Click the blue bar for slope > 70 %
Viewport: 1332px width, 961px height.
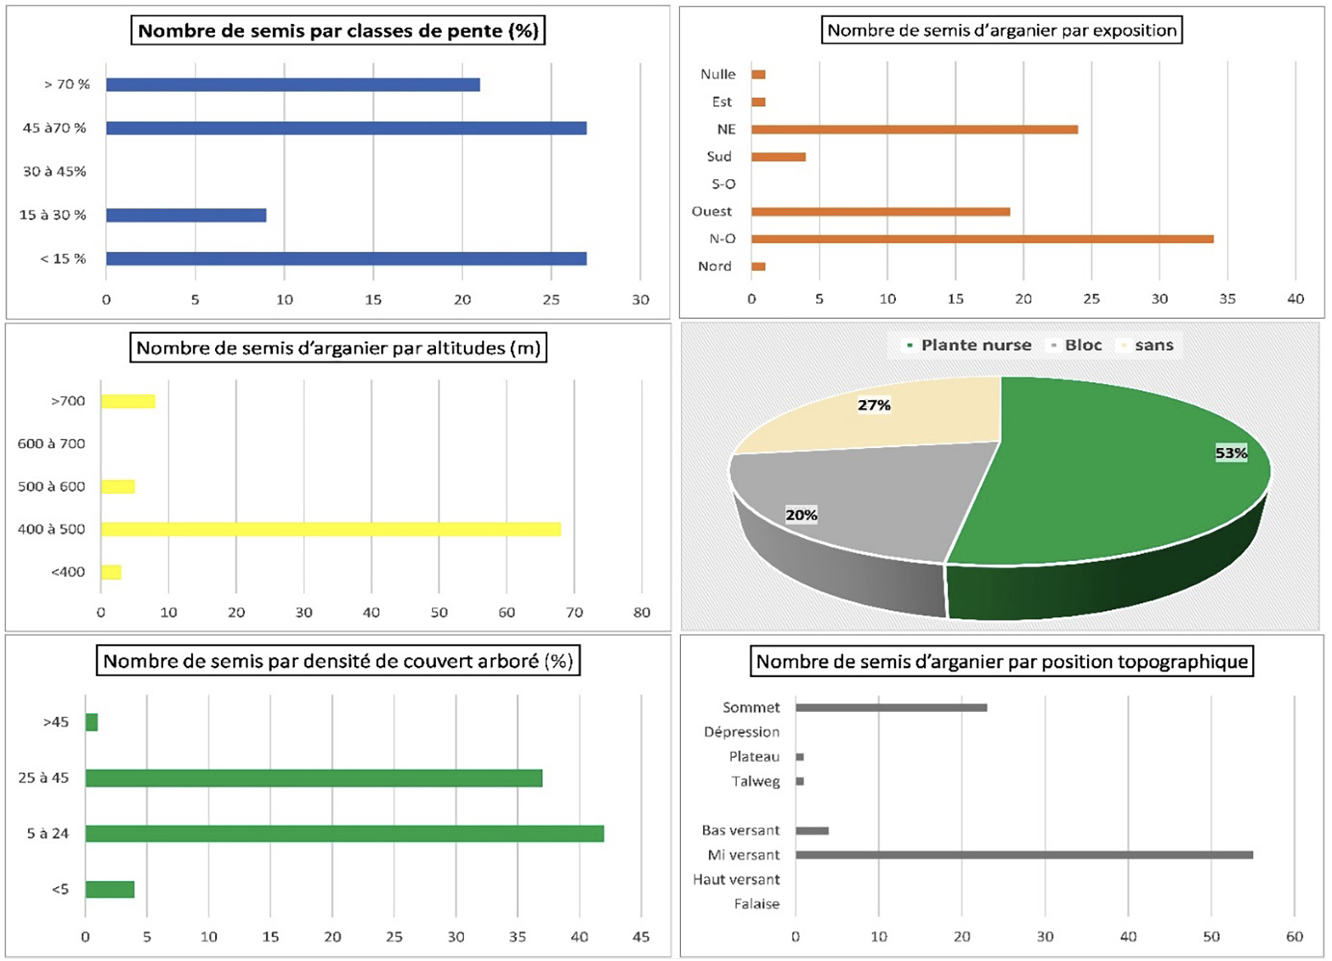coord(292,85)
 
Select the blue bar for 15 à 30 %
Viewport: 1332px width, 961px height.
coord(186,216)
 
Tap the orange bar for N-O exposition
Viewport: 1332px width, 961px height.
coord(982,239)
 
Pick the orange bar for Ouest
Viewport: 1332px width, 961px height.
coord(880,212)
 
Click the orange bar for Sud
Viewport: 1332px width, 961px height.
coord(778,157)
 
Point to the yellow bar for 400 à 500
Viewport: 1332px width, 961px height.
coord(331,529)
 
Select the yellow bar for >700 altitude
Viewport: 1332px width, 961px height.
coord(128,402)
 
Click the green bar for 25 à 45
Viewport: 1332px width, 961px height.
coord(313,778)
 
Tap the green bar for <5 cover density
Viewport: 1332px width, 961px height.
coord(110,890)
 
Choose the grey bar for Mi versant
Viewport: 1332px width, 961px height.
coord(1024,855)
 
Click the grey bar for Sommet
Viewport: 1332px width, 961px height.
coord(891,708)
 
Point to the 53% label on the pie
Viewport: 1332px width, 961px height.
coord(1231,453)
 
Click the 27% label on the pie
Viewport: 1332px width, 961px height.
coord(874,405)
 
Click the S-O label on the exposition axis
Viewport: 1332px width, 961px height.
coord(723,184)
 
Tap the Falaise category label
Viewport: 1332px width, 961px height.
coord(756,904)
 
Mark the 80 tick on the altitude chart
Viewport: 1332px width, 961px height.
coord(641,613)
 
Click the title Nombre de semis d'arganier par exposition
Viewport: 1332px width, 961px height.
coord(1001,31)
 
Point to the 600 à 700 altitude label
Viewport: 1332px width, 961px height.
coord(51,444)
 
